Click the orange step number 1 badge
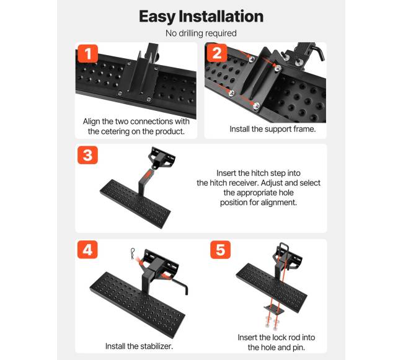pyautogui.click(x=87, y=54)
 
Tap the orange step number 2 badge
pyautogui.click(x=217, y=53)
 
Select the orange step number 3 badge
pyautogui.click(x=87, y=155)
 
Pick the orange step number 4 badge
pyautogui.click(x=87, y=250)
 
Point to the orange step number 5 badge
pyautogui.click(x=221, y=250)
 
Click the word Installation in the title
pyautogui.click(x=221, y=17)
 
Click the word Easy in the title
pyautogui.click(x=157, y=17)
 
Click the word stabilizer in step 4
pyautogui.click(x=156, y=346)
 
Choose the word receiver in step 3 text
pyautogui.click(x=244, y=183)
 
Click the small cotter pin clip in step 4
pyautogui.click(x=133, y=253)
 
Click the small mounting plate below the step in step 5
pyautogui.click(x=274, y=310)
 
